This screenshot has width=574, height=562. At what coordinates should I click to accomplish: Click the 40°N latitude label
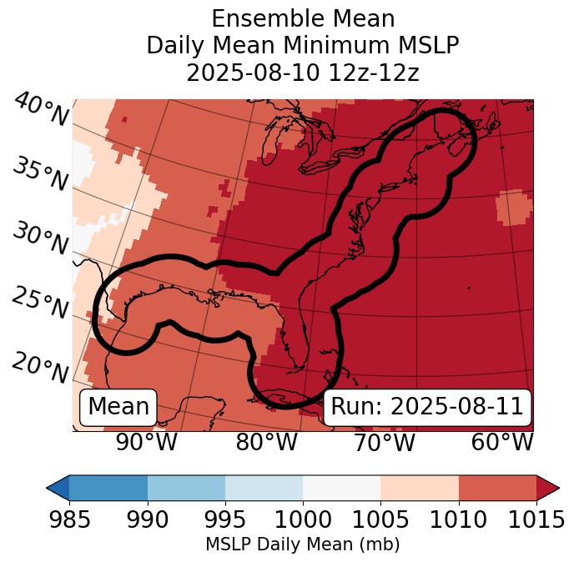tap(40, 110)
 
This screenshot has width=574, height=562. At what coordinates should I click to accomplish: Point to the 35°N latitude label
tap(40, 173)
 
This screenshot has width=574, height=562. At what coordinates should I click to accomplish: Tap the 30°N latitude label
tap(40, 238)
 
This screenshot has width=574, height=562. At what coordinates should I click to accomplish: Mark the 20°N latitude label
tap(40, 367)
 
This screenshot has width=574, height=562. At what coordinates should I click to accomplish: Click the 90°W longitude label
tap(146, 442)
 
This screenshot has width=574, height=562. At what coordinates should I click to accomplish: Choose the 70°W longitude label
tap(385, 442)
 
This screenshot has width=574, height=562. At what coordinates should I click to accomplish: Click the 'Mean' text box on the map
tap(118, 407)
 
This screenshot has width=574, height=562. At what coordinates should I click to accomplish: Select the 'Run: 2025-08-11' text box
tap(427, 407)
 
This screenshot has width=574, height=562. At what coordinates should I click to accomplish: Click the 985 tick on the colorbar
tap(69, 519)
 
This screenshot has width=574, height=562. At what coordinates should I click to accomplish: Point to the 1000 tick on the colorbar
tap(303, 519)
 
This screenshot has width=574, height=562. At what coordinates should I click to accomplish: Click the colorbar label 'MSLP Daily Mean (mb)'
tap(302, 545)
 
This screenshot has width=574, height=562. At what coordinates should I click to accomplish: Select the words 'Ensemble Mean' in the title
tap(302, 18)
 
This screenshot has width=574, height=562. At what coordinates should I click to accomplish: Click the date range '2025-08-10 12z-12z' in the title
tap(302, 73)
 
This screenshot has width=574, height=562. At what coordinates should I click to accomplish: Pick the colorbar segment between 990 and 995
tap(186, 487)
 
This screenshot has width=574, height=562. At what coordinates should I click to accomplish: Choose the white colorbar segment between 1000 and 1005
tap(341, 487)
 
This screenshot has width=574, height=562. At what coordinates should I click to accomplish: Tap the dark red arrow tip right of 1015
tap(548, 487)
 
